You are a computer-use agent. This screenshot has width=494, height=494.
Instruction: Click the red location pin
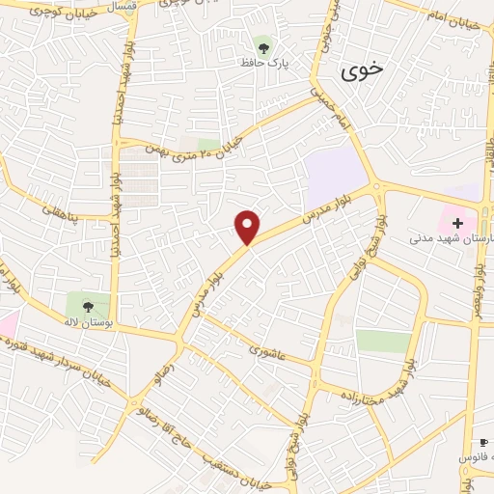[248, 226]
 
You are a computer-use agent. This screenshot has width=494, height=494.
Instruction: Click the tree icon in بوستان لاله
[88, 307]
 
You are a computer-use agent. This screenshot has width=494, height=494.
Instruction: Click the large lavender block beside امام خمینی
[335, 173]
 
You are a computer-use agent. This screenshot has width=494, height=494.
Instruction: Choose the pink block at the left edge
[7, 325]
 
